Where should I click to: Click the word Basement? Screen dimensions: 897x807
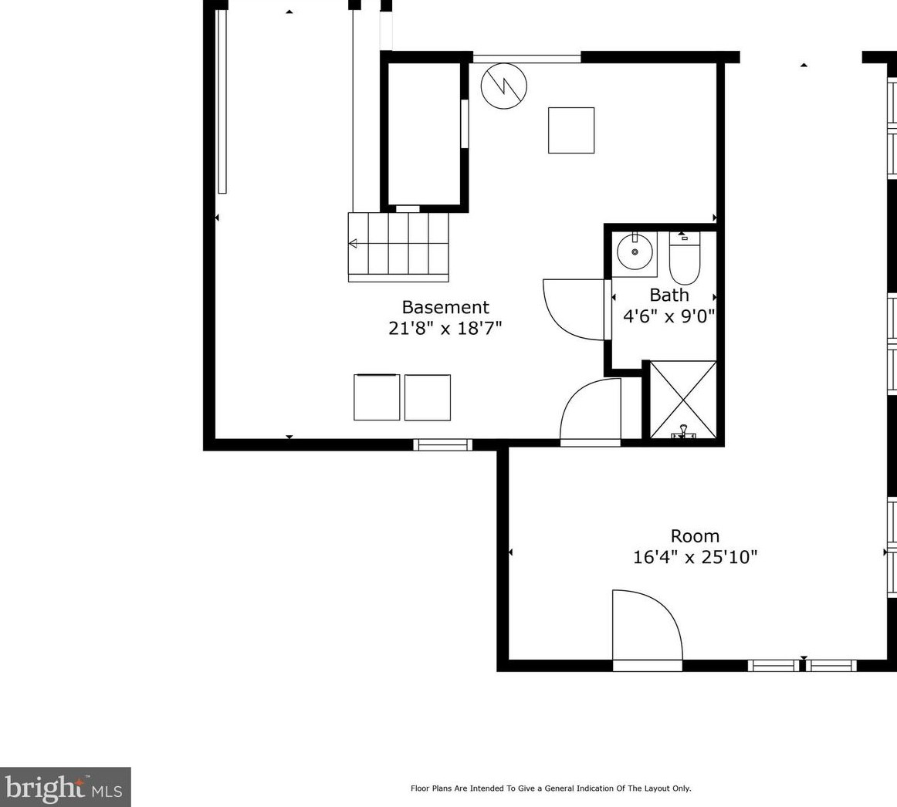(x=445, y=307)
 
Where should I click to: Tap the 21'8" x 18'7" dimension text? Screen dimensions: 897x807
(x=445, y=329)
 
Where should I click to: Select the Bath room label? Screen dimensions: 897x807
(x=669, y=295)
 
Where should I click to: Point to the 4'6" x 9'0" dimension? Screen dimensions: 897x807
(x=669, y=316)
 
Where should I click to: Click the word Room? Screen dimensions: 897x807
(x=695, y=536)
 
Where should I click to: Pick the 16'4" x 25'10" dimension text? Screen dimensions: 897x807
(x=695, y=556)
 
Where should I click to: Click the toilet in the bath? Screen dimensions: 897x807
(x=684, y=258)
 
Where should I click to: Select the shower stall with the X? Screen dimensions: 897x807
(x=683, y=400)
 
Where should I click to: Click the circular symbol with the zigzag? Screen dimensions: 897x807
(x=503, y=86)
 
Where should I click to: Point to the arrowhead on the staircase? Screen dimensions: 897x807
(x=353, y=244)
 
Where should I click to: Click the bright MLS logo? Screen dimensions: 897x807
(x=65, y=787)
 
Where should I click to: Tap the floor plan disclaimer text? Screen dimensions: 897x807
(x=550, y=788)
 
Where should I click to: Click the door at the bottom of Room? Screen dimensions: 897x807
(x=647, y=629)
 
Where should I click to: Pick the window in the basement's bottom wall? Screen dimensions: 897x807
(x=442, y=444)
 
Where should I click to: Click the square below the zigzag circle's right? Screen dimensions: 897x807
(x=571, y=130)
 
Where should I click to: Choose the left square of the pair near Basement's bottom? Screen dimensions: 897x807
(x=377, y=397)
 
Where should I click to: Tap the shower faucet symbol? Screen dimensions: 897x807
(x=682, y=432)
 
